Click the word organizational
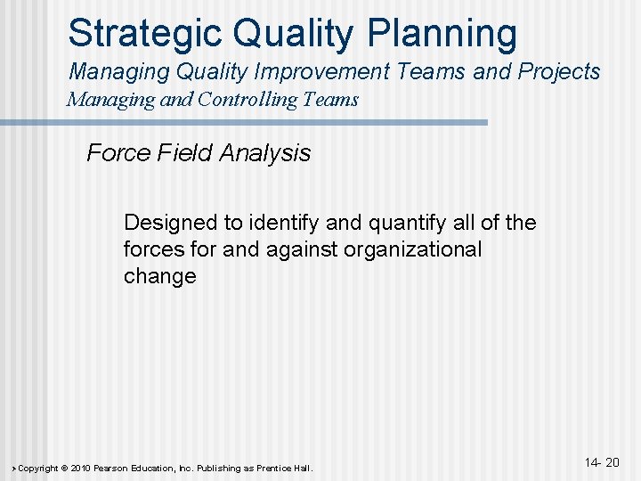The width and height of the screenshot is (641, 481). pyautogui.click(x=415, y=249)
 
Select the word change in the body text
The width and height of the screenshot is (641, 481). pyautogui.click(x=159, y=276)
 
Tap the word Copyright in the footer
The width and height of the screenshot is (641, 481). pyautogui.click(x=38, y=469)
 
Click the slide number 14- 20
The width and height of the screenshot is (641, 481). pyautogui.click(x=602, y=462)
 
